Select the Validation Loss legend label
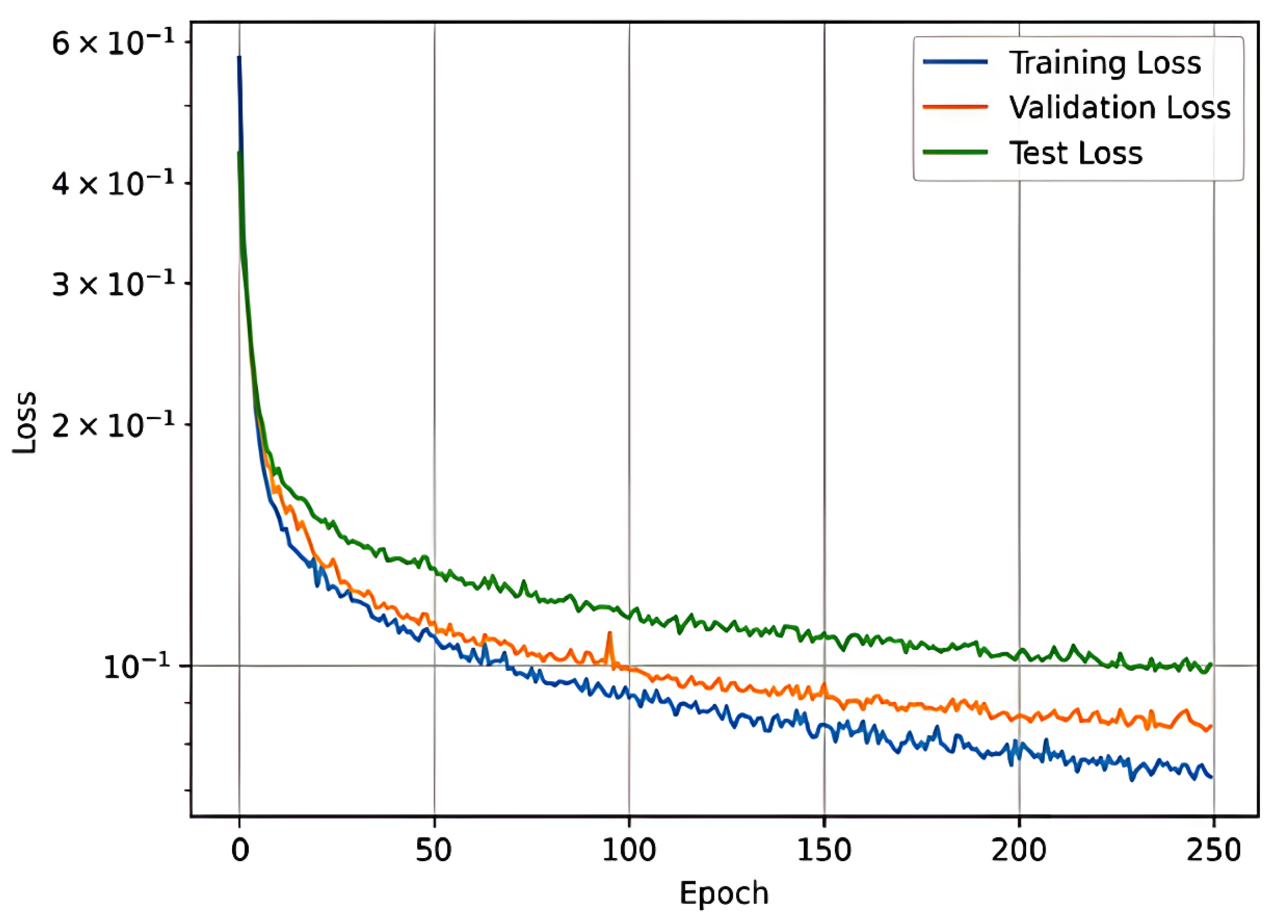[x=1119, y=107]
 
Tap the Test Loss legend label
[x=1076, y=153]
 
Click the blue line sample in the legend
[x=955, y=62]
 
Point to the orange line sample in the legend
[x=955, y=107]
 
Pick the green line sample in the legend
[x=955, y=153]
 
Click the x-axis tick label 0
[x=240, y=850]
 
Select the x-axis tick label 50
[x=434, y=850]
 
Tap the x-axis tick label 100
[x=629, y=850]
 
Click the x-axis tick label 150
[x=824, y=850]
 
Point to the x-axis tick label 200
[x=1019, y=850]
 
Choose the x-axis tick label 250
[x=1213, y=850]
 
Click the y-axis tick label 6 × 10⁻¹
[x=113, y=43]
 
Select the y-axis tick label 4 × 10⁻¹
[x=113, y=184]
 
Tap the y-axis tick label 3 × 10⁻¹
[x=113, y=284]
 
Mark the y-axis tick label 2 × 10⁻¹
[x=113, y=426]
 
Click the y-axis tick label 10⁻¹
[x=137, y=667]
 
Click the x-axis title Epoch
[x=724, y=894]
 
